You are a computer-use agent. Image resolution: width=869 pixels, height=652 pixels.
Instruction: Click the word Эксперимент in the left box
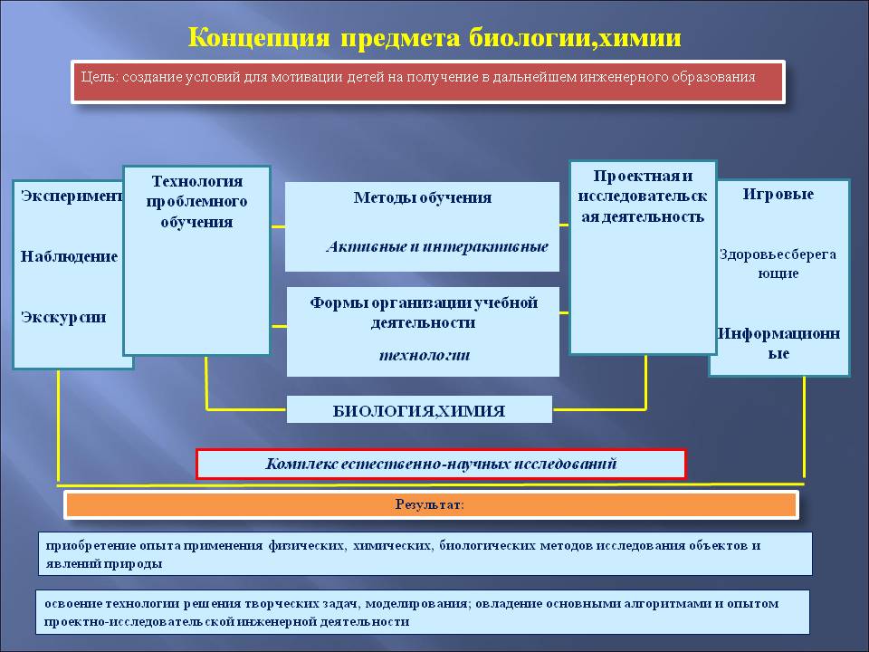click(x=71, y=196)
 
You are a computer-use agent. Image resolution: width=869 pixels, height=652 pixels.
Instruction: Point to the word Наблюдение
click(x=69, y=256)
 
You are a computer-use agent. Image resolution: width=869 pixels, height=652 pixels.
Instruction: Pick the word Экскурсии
click(x=63, y=317)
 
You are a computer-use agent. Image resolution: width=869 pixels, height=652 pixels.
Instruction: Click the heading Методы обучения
click(x=422, y=197)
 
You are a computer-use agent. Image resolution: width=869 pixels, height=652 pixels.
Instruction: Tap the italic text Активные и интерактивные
click(x=437, y=245)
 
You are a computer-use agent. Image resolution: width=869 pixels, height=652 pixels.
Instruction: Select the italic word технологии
click(x=424, y=354)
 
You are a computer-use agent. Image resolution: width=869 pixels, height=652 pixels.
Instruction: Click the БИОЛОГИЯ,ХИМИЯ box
click(x=419, y=410)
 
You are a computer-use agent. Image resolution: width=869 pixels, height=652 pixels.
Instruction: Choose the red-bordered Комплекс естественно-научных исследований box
click(x=441, y=464)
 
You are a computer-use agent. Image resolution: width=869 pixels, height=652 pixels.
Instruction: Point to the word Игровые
click(x=778, y=194)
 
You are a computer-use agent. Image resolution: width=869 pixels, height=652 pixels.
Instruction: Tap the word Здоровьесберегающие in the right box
click(x=778, y=264)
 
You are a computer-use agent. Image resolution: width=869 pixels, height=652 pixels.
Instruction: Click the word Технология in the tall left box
click(x=196, y=181)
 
